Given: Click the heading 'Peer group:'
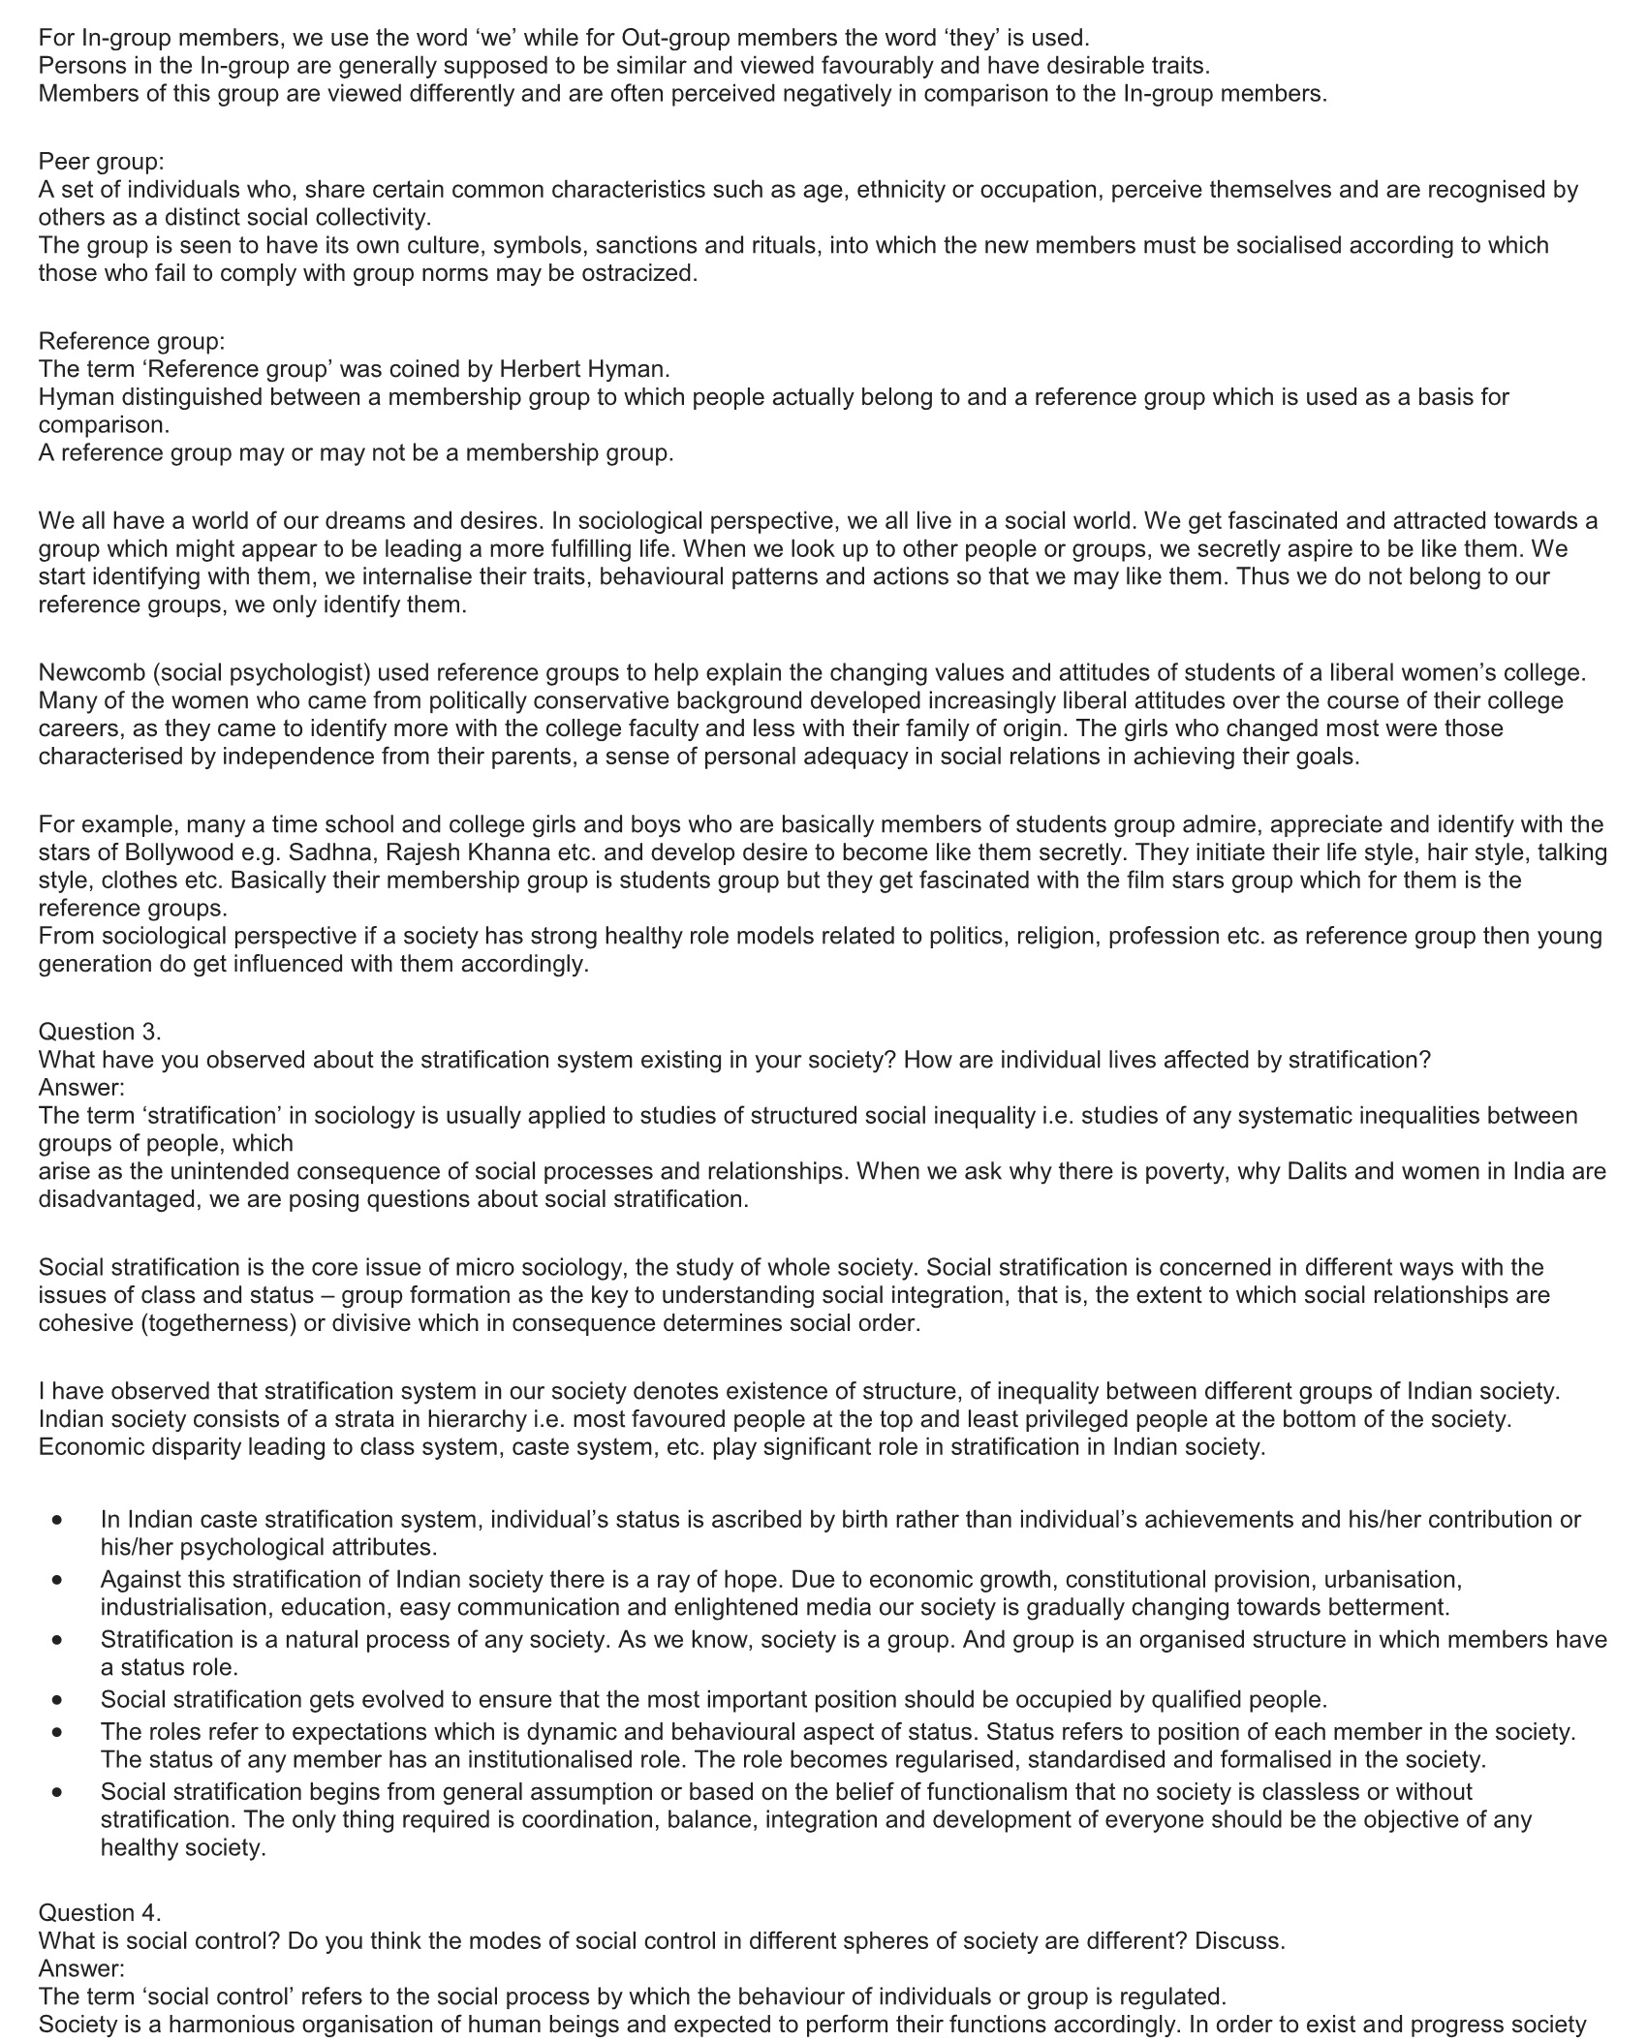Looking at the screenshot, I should click(101, 162).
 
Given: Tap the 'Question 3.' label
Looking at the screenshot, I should click(100, 1032).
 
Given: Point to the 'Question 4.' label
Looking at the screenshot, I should click(100, 1913).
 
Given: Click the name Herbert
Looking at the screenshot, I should click(542, 369).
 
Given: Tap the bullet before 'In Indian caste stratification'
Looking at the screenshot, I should click(59, 1521).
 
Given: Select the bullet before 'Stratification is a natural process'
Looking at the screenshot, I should click(59, 1641).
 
